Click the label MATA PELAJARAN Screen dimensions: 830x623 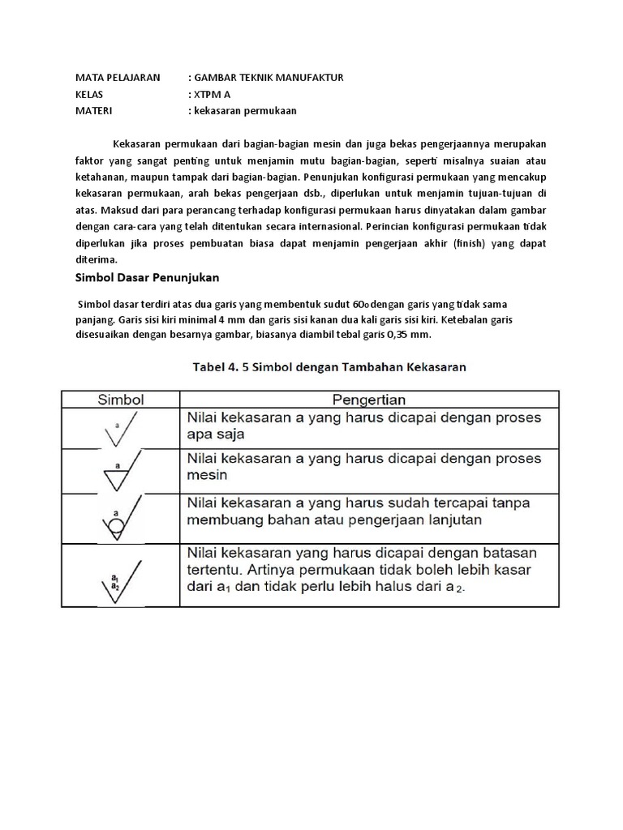click(118, 77)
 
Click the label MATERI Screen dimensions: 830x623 click(93, 109)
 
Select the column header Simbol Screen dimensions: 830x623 click(120, 399)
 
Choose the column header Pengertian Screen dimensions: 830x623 click(369, 399)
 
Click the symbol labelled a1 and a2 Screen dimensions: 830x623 click(120, 575)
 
